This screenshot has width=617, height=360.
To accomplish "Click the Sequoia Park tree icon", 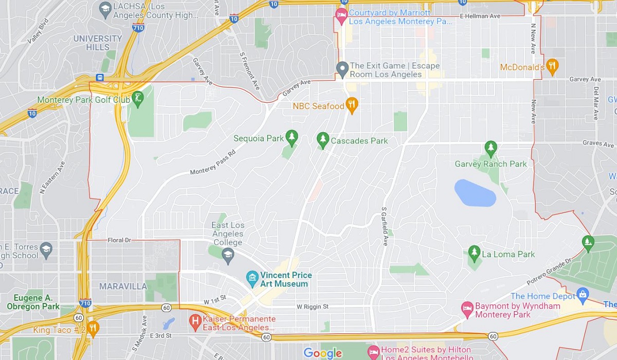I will click(x=292, y=136).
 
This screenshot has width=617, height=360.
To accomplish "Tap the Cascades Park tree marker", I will click(x=323, y=138).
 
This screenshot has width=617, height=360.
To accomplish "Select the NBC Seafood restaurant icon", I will click(x=352, y=104).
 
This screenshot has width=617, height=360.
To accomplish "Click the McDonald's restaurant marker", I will click(x=552, y=65).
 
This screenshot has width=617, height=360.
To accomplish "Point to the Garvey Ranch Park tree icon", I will click(x=491, y=148).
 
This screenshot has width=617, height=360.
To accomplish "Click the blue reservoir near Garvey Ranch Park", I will click(x=475, y=193).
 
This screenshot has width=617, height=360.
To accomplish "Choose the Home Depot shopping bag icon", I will click(x=583, y=295).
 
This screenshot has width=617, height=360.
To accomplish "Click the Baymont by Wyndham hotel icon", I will click(x=467, y=308).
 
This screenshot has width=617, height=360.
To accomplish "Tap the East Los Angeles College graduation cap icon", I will click(x=228, y=254).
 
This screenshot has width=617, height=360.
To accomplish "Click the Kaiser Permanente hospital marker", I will click(x=195, y=321).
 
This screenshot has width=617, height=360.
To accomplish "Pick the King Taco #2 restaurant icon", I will click(x=93, y=328).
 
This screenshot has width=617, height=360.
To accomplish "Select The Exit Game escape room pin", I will click(x=342, y=68).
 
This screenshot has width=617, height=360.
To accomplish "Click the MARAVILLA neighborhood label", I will click(x=123, y=286).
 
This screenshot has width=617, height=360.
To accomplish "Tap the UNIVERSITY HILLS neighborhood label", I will click(x=98, y=43).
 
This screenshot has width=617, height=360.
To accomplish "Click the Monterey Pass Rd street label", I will click(x=213, y=164).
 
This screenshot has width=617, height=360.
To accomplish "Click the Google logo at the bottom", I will click(x=322, y=353).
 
